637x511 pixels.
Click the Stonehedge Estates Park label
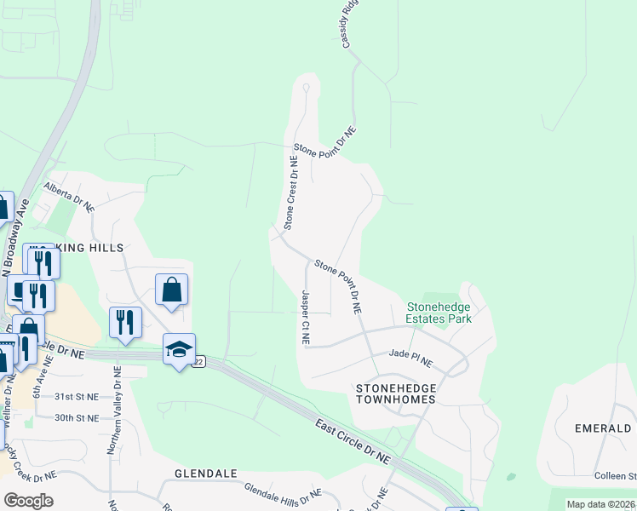(439, 313)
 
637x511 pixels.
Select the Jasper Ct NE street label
(305, 317)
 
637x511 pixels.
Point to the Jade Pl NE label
(410, 358)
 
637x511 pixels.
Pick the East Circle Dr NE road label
(352, 440)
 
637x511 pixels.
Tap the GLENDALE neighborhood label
(204, 473)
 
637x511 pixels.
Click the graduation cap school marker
(180, 348)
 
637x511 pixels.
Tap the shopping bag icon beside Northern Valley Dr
(171, 289)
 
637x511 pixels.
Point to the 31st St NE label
(77, 397)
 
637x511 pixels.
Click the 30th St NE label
(77, 418)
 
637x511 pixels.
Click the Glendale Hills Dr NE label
(283, 491)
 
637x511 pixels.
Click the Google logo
(28, 501)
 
